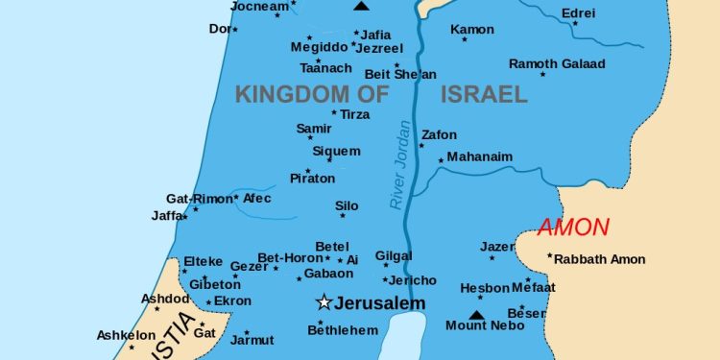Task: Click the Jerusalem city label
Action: tap(379, 303)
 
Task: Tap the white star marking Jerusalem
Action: tap(324, 302)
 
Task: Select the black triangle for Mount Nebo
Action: tap(476, 314)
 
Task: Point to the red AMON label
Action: tap(573, 228)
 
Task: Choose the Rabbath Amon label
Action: tap(601, 259)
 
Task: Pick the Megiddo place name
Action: tap(320, 46)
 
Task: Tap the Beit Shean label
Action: tap(400, 74)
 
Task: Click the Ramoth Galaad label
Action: tap(557, 64)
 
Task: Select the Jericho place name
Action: tap(414, 280)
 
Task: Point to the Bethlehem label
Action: tap(343, 330)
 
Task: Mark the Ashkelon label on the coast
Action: tap(126, 335)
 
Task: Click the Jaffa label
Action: tap(166, 216)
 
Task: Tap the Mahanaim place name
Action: tap(480, 156)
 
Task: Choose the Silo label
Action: tap(347, 205)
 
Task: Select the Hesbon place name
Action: tap(485, 288)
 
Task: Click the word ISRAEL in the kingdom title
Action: tap(484, 94)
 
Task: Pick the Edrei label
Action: tap(578, 13)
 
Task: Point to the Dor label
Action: tap(219, 29)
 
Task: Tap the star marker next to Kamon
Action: tap(465, 39)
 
